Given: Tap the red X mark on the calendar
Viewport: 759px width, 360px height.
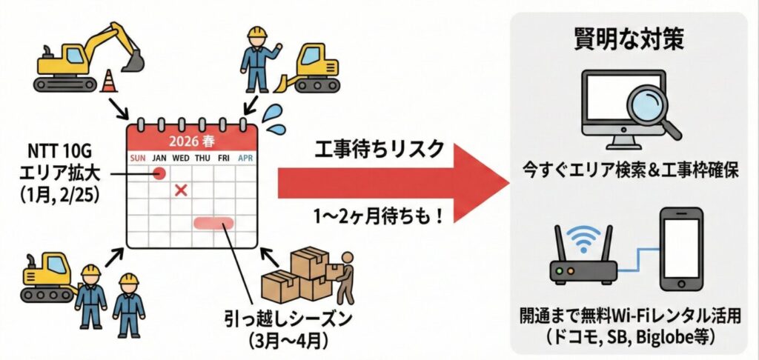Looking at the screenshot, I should (x=179, y=191).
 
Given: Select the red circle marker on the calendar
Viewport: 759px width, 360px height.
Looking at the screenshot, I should (x=158, y=174).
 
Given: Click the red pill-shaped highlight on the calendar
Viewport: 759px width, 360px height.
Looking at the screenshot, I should (x=213, y=221).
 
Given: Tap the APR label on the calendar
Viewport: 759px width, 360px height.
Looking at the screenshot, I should (x=245, y=158).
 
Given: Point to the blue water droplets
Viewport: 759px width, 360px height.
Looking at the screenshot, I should (x=274, y=119).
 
